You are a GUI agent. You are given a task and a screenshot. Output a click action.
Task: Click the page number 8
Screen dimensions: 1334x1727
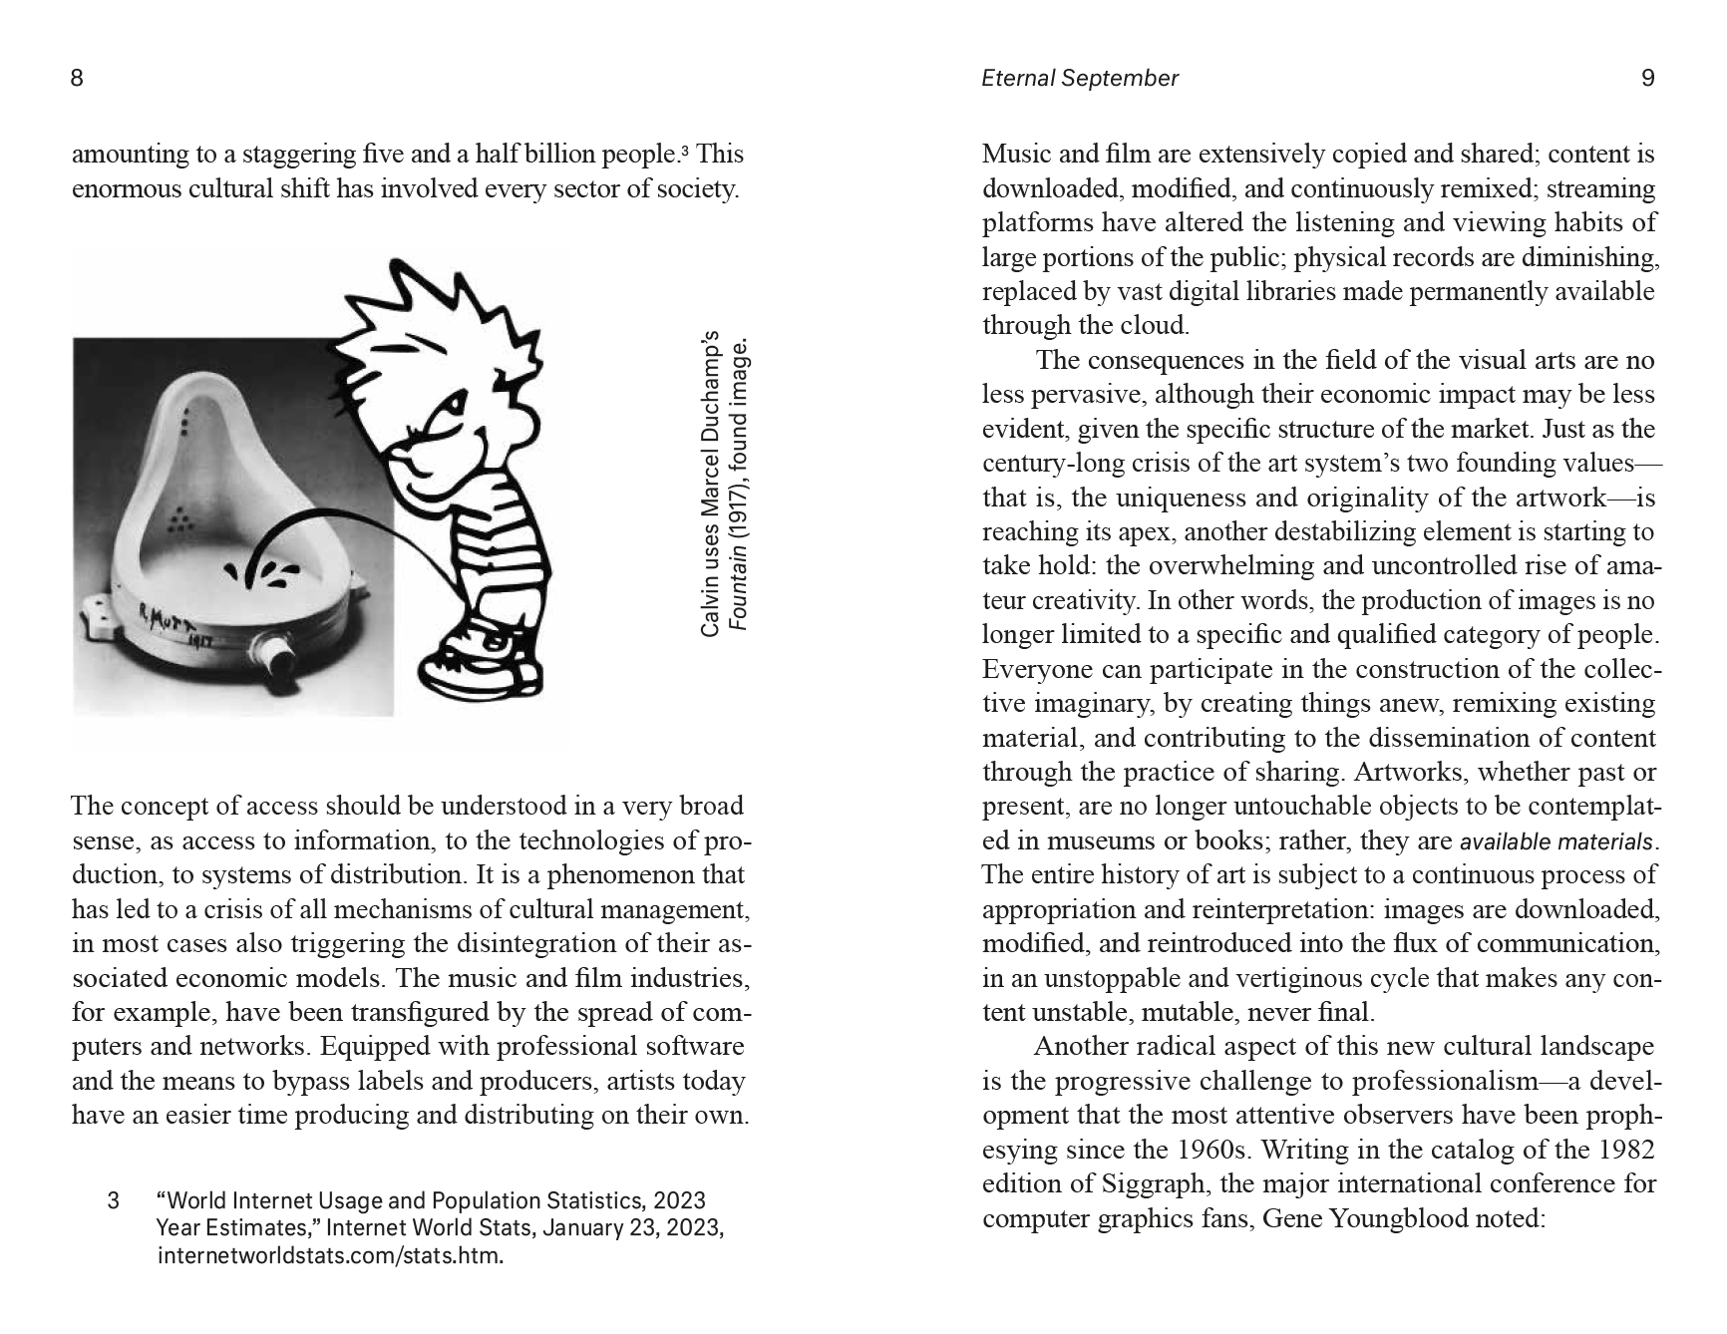[x=77, y=78]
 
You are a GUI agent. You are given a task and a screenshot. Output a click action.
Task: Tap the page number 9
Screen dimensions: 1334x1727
[x=1647, y=78]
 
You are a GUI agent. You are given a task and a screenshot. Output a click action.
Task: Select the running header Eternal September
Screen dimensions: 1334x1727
[x=1079, y=78]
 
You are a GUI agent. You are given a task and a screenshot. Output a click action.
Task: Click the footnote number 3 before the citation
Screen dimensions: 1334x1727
[x=113, y=1200]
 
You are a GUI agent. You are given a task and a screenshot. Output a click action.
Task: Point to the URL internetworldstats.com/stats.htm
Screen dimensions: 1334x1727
[x=329, y=1254]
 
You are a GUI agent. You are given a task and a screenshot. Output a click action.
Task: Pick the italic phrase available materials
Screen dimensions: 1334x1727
[x=1556, y=841]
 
